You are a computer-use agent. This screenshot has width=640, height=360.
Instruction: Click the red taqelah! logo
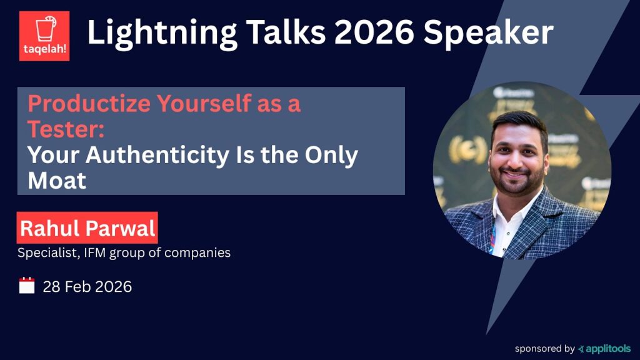pos(44,36)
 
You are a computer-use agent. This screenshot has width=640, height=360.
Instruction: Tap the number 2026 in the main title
pos(374,32)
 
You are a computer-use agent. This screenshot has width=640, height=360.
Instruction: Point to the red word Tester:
pos(66,129)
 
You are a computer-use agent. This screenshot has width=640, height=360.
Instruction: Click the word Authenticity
pos(157,155)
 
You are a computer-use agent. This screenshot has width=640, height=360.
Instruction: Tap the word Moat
pos(57,181)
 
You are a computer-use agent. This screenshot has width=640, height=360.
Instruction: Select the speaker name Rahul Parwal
pos(87,227)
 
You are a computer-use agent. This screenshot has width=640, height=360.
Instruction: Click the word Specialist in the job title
pos(48,252)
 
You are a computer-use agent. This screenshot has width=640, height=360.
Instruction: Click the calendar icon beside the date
pos(27,285)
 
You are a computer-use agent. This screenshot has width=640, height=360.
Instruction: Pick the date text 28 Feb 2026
pos(87,286)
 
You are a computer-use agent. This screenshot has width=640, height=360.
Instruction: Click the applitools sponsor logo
pos(604,349)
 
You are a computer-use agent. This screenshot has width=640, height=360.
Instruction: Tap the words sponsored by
pos(544,349)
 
